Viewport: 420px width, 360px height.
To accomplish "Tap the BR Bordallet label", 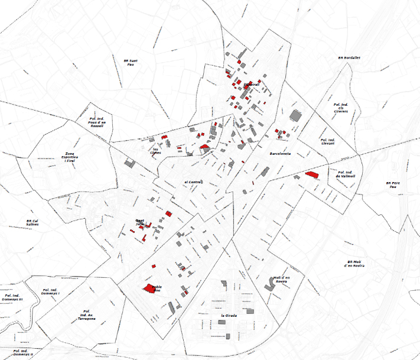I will (349, 58).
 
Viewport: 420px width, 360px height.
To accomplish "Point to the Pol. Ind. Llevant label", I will (327, 141).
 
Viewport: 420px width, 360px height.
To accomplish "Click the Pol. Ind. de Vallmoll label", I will (344, 174).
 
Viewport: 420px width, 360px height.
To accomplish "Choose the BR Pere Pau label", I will (392, 184).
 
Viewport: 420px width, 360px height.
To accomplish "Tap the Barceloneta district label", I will (281, 154).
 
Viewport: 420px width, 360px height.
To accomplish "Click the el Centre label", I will (194, 182).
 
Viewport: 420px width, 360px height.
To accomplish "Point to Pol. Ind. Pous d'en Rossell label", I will (96, 123).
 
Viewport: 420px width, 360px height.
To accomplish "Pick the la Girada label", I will (229, 316).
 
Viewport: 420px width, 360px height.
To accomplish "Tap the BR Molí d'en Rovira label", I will (356, 264).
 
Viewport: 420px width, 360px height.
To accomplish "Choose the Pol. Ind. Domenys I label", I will (50, 291).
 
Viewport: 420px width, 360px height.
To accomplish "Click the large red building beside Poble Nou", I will (148, 288).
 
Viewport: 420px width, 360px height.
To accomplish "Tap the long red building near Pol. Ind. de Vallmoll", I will (312, 174).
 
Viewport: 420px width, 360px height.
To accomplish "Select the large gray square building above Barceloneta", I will (295, 115).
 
